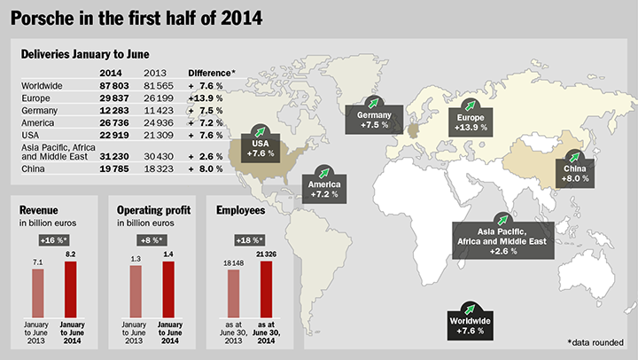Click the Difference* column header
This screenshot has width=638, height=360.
tap(211, 71)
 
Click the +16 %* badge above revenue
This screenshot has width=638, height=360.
tap(53, 240)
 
